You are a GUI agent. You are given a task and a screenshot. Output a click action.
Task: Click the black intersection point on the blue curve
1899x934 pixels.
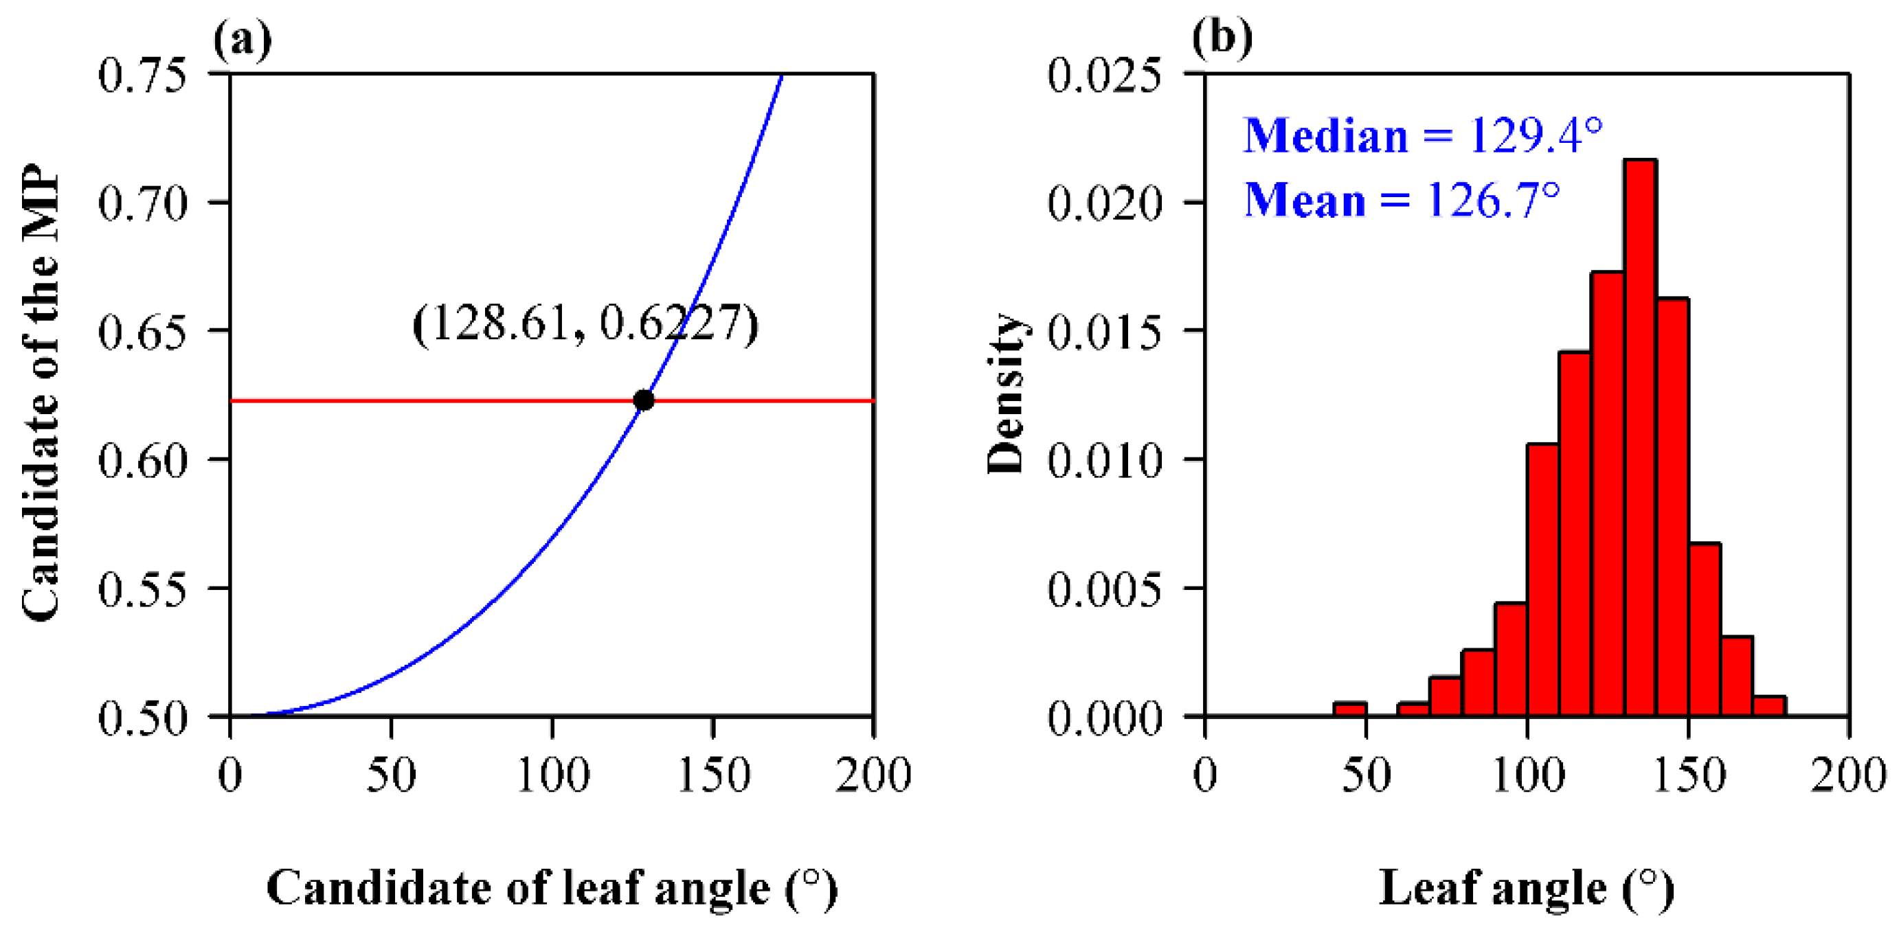click(x=644, y=400)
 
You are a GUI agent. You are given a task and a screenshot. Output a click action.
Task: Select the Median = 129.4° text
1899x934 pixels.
click(x=1423, y=136)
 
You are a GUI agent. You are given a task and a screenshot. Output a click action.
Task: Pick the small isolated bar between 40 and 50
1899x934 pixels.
click(x=1350, y=709)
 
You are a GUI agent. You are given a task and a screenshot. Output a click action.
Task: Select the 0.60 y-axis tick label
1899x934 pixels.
click(x=142, y=460)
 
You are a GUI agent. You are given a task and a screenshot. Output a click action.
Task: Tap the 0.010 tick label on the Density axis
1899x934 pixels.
click(x=1103, y=460)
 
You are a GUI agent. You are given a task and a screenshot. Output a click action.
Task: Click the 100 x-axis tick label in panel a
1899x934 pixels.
click(x=553, y=775)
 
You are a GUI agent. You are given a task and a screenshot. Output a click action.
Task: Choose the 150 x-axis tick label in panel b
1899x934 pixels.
click(x=1689, y=775)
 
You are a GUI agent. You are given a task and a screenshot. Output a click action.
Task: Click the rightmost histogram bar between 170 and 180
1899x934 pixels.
click(x=1768, y=705)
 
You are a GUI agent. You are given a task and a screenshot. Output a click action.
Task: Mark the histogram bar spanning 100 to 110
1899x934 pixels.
click(x=1543, y=580)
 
